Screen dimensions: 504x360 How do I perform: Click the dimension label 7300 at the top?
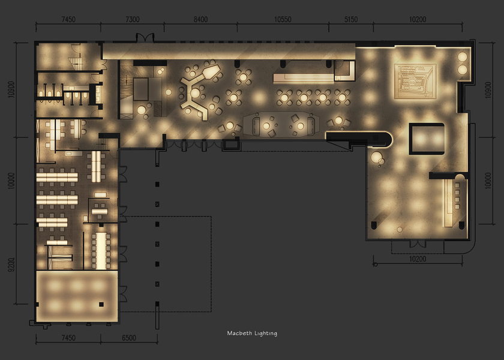(133, 20)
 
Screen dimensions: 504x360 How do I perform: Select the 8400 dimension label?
(200, 20)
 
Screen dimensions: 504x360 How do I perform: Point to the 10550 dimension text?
(283, 20)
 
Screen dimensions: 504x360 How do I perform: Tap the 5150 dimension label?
(351, 20)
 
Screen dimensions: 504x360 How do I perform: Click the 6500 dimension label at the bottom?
(129, 338)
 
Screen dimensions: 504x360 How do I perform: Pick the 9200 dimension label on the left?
(11, 265)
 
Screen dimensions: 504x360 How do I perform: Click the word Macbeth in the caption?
(239, 334)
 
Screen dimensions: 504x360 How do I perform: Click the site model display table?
(415, 81)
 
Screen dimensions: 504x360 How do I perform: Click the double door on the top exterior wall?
(145, 38)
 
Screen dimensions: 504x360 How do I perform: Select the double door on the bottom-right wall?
(418, 244)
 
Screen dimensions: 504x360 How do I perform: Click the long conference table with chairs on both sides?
(101, 251)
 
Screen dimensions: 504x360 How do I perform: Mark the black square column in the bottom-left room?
(101, 304)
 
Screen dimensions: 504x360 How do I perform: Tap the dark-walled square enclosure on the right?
(427, 139)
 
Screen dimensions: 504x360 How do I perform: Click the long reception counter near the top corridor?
(304, 78)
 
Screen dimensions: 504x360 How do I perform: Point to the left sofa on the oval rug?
(256, 126)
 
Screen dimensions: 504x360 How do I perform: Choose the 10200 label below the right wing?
(418, 259)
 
